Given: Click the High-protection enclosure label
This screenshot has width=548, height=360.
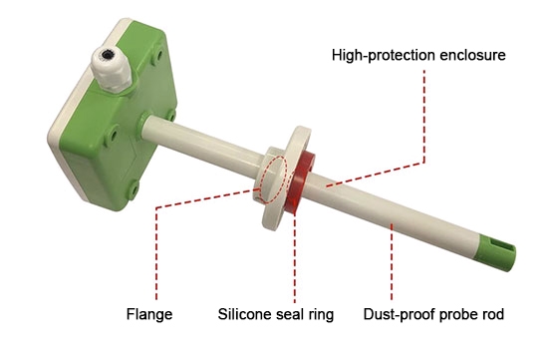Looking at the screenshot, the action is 419,54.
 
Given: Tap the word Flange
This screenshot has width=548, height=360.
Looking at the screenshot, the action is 149,315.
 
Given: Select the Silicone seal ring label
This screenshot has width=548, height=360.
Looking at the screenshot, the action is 276,315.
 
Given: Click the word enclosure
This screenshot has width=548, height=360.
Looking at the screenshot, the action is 470,54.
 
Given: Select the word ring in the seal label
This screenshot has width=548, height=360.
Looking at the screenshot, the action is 319,315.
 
